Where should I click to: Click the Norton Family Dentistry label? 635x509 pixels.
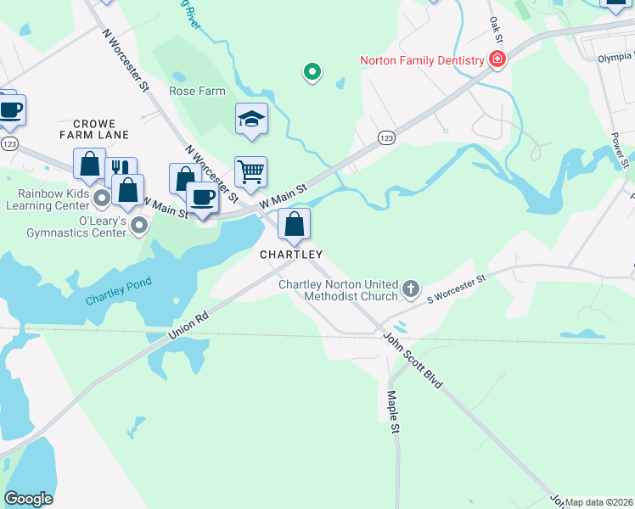(x=421, y=60)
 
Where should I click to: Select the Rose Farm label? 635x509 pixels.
(x=196, y=91)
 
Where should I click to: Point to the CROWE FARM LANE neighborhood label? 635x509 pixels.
(x=94, y=129)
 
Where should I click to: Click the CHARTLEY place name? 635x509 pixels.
(x=291, y=255)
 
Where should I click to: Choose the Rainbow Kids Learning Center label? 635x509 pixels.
(x=48, y=199)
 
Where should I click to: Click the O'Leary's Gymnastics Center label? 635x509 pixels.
(x=79, y=227)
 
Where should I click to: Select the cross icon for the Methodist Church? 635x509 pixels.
(x=410, y=289)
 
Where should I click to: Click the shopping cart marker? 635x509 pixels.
(x=250, y=172)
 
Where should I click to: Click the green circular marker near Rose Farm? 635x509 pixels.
(x=312, y=72)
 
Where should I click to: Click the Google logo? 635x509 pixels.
(x=28, y=499)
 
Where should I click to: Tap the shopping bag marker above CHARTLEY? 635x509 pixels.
(x=294, y=225)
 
